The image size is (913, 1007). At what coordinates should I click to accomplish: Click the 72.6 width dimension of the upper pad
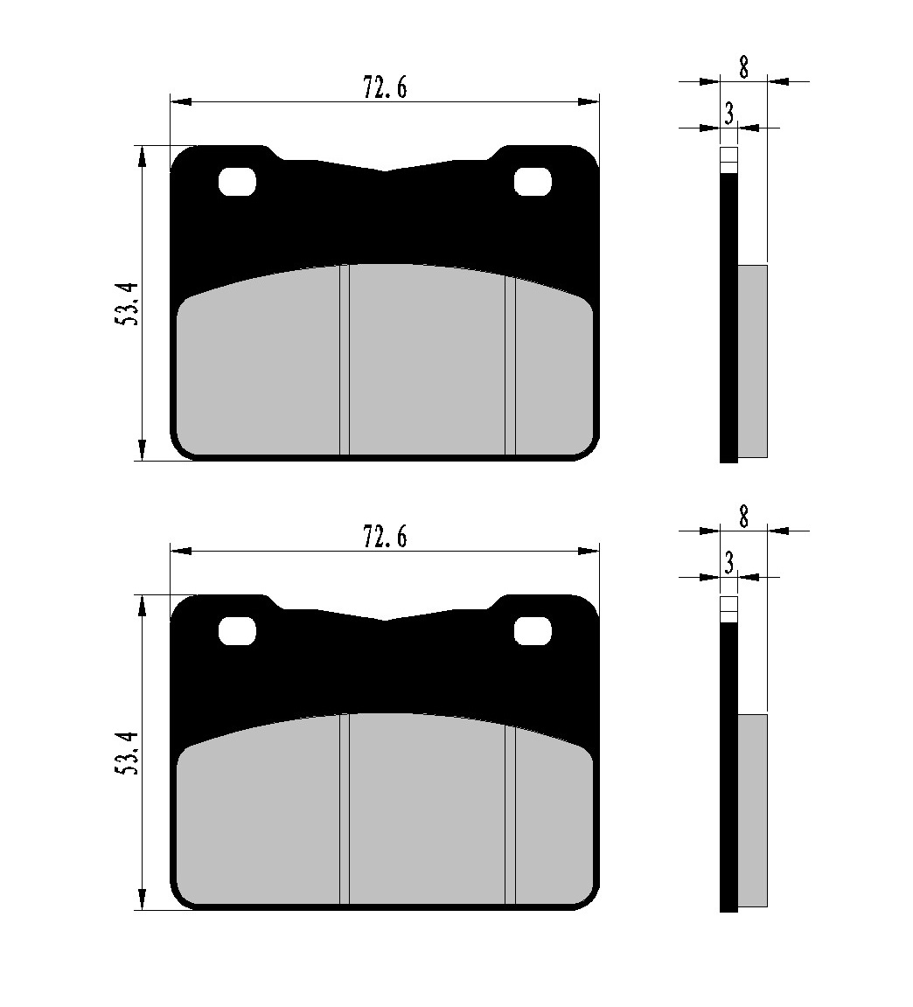(x=385, y=87)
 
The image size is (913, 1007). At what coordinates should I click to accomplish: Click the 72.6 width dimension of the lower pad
(x=385, y=536)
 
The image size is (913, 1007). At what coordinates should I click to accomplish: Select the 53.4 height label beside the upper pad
(x=127, y=304)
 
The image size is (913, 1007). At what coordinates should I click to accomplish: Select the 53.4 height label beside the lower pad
(x=127, y=753)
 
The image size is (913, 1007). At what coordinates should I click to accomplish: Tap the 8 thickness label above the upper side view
(x=744, y=66)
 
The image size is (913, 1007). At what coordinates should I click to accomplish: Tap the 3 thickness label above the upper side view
(x=728, y=114)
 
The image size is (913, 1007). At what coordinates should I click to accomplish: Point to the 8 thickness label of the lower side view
(x=744, y=517)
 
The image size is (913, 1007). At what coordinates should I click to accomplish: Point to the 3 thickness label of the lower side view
(x=728, y=563)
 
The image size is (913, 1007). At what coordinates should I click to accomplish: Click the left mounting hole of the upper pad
(x=237, y=182)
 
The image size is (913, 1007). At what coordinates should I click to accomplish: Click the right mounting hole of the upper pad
(x=533, y=182)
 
